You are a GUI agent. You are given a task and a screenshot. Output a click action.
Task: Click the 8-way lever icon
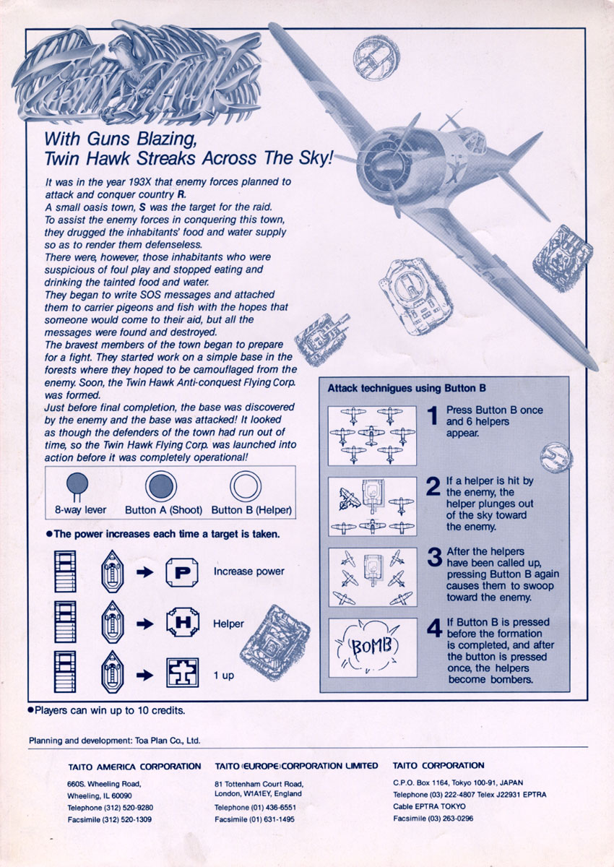(77, 486)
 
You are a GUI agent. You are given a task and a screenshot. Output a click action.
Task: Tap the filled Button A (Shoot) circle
(161, 486)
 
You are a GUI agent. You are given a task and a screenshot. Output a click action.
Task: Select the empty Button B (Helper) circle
(246, 486)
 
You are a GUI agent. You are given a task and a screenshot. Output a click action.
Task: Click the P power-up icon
(182, 572)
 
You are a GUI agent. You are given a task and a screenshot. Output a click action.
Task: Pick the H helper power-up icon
(183, 623)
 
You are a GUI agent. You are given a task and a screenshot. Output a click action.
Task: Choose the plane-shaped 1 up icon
(182, 673)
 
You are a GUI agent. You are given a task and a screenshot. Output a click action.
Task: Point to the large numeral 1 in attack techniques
(433, 415)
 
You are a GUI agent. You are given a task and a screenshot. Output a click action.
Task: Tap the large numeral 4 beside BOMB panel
(434, 628)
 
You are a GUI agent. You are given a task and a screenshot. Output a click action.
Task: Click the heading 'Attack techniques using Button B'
(407, 388)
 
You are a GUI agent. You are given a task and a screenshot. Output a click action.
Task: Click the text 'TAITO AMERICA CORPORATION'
(134, 767)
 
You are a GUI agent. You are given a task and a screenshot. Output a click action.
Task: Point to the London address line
(258, 793)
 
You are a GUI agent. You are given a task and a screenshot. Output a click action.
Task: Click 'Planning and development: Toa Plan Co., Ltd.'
(115, 741)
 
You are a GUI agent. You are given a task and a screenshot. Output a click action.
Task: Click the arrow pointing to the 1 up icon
(144, 676)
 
